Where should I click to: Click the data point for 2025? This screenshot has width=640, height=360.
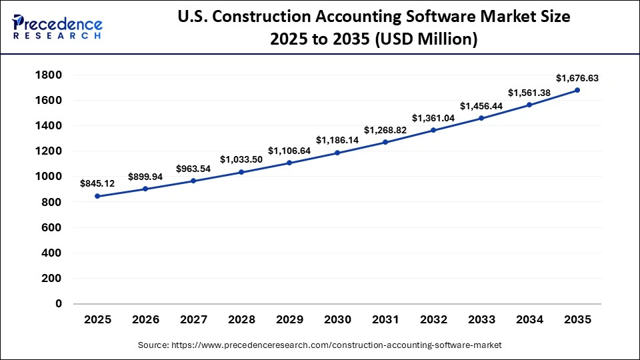(97, 196)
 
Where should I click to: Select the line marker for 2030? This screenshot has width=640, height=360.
(337, 153)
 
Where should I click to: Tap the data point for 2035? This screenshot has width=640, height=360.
(577, 90)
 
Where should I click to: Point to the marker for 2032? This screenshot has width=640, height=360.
(433, 130)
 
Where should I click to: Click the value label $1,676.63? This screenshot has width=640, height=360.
(577, 78)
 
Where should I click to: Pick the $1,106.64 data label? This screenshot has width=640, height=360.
(289, 151)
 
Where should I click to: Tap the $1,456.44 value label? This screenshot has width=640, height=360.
(481, 106)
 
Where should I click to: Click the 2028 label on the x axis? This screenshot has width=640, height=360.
(241, 320)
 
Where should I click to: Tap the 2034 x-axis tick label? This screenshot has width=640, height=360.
(529, 320)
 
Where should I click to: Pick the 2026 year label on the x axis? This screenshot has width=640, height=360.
(145, 320)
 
